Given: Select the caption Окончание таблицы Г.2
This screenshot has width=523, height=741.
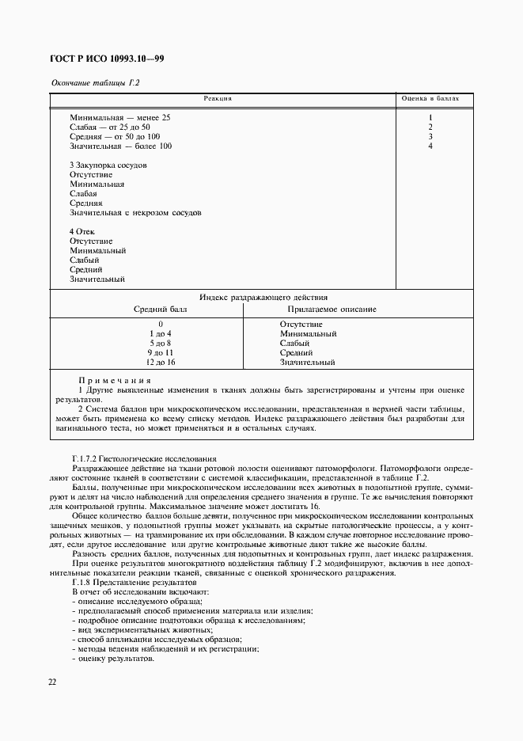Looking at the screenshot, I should (x=89, y=83).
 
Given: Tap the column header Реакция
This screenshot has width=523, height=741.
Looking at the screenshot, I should (x=218, y=99).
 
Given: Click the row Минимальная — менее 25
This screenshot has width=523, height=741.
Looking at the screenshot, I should (x=119, y=117).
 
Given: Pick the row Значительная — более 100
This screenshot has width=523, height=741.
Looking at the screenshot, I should (x=120, y=146).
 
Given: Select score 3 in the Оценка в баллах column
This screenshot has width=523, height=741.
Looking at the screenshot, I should (x=430, y=136).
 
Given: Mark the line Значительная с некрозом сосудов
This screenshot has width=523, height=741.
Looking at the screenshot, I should (x=135, y=212).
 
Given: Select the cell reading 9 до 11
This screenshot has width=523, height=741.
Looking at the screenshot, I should (x=160, y=352).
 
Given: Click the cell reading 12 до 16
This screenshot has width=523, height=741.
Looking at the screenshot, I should (x=160, y=362).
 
